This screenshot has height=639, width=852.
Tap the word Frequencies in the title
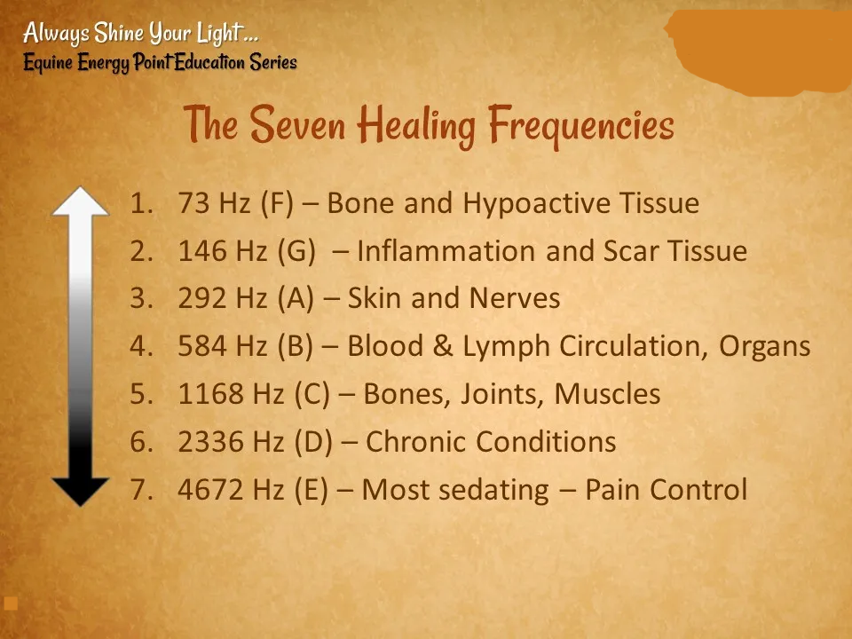coord(581,127)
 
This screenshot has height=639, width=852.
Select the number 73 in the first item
coord(194,203)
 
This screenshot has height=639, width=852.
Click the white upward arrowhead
coord(81,201)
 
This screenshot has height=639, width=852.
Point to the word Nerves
coord(515,298)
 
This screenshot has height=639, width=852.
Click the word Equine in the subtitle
coord(48,62)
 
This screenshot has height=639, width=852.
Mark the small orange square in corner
coord(11,603)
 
